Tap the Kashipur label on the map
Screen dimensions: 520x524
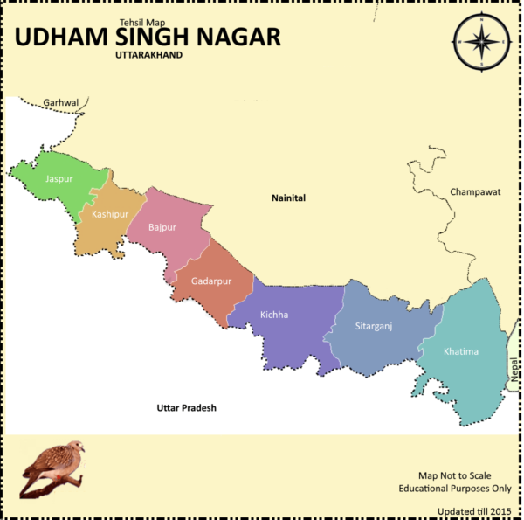110,214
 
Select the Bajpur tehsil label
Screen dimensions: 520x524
162,227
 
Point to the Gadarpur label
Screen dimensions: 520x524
211,281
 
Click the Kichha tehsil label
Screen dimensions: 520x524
274,315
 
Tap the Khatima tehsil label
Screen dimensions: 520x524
461,351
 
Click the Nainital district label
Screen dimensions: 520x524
287,198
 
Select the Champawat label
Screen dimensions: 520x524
475,191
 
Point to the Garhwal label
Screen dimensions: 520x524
61,102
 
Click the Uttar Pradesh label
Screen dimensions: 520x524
186,408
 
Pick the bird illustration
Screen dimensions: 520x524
54,468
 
